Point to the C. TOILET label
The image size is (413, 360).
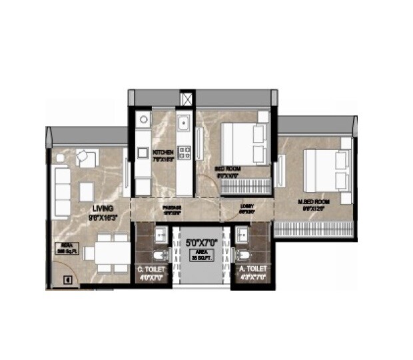pyautogui.click(x=151, y=269)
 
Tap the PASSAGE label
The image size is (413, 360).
pyautogui.click(x=173, y=207)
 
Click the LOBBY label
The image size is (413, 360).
pyautogui.click(x=246, y=206)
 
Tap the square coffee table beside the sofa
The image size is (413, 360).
pyautogui.click(x=88, y=192)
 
